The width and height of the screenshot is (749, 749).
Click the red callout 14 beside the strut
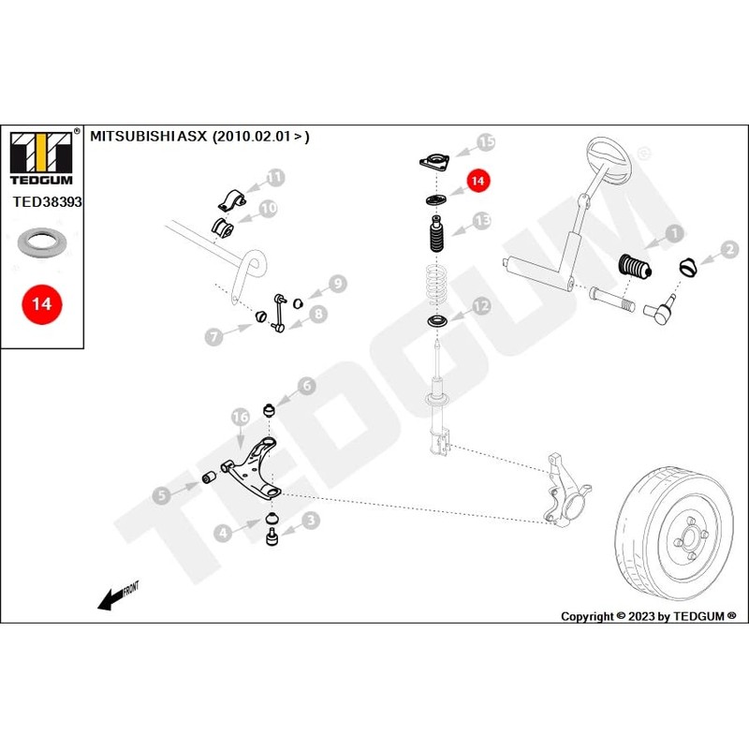point(478,182)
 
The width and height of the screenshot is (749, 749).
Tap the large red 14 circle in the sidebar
point(42,304)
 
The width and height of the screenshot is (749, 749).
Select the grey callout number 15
point(485,141)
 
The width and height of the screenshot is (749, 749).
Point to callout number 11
point(274,176)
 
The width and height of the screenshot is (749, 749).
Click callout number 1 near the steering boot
point(671,235)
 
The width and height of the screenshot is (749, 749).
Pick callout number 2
point(729,250)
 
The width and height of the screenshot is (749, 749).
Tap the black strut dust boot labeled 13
point(436,238)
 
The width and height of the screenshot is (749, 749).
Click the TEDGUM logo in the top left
point(42,154)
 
